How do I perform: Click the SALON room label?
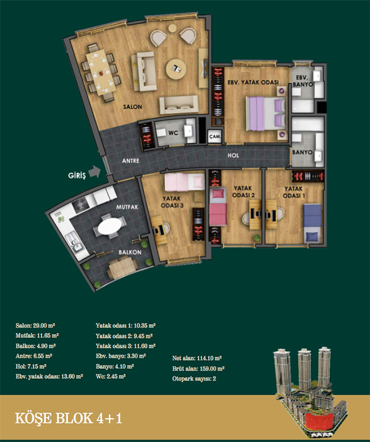click(x=132, y=107)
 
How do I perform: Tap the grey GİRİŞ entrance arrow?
click(x=95, y=172)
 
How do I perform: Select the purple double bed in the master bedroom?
click(x=266, y=113)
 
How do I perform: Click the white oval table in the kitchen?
click(x=110, y=226)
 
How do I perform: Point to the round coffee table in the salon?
click(x=176, y=69)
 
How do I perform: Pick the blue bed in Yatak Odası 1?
click(x=312, y=223)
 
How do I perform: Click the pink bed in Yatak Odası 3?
click(x=185, y=181)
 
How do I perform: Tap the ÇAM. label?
click(x=215, y=136)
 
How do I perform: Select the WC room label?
click(x=173, y=133)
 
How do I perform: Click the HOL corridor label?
click(x=233, y=155)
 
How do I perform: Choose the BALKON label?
click(x=130, y=252)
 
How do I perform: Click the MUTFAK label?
click(x=127, y=207)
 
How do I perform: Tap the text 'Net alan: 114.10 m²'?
click(x=197, y=358)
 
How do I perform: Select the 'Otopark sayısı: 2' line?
click(x=194, y=379)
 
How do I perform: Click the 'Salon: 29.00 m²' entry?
click(x=35, y=326)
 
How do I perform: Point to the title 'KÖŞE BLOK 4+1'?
click(x=68, y=418)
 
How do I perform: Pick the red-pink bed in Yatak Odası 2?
click(x=218, y=207)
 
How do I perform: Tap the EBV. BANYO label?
click(x=303, y=81)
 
